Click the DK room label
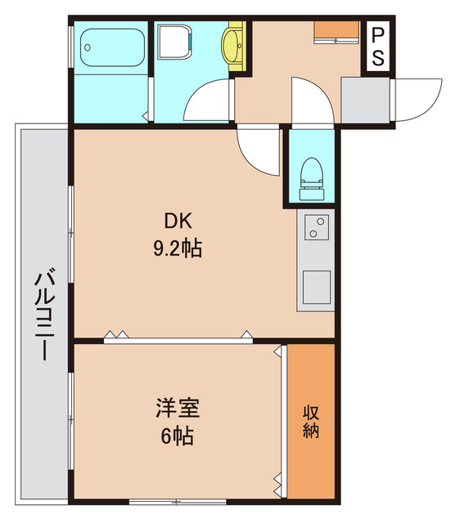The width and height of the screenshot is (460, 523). (x=178, y=221)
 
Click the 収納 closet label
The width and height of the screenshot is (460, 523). (x=311, y=421)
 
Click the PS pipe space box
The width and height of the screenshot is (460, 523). (x=378, y=47)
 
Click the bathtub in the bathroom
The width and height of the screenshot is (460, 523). (x=113, y=48)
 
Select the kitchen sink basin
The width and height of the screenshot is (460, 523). (x=316, y=285)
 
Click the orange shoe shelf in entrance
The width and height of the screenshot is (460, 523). (x=337, y=31)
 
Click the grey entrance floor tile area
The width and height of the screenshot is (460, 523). (x=365, y=100)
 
